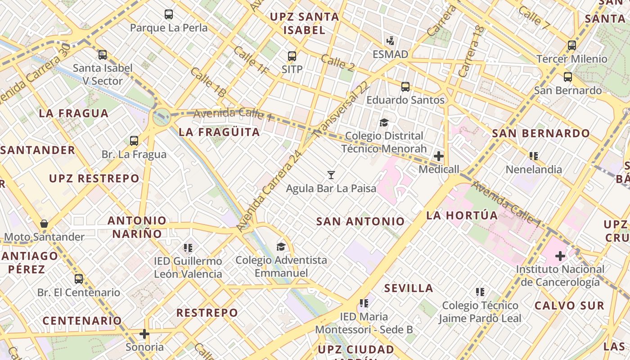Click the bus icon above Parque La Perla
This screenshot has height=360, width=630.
[169, 14]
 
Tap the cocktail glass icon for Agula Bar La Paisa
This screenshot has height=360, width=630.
[331, 175]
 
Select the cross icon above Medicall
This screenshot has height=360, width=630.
[438, 156]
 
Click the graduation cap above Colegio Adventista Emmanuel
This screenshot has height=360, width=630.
[281, 247]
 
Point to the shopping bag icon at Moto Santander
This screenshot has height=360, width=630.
[44, 224]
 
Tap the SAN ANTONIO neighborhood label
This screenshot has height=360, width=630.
[360, 221]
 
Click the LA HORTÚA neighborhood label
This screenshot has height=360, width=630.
[462, 216]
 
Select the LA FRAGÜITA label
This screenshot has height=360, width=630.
[219, 132]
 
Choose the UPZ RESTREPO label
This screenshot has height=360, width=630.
[94, 179]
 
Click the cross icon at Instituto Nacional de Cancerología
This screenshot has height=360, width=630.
[560, 256]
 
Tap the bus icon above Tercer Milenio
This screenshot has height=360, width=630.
[571, 45]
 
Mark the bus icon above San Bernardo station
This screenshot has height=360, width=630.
[568, 77]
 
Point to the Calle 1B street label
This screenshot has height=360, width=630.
[208, 82]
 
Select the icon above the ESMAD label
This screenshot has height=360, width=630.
[390, 41]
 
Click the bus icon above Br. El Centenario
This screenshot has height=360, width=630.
[79, 279]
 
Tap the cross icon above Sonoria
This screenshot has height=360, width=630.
[144, 334]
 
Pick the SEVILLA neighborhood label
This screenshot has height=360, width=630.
[409, 288]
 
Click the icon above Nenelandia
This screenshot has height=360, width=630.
[534, 156]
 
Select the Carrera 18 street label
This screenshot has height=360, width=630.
[471, 51]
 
